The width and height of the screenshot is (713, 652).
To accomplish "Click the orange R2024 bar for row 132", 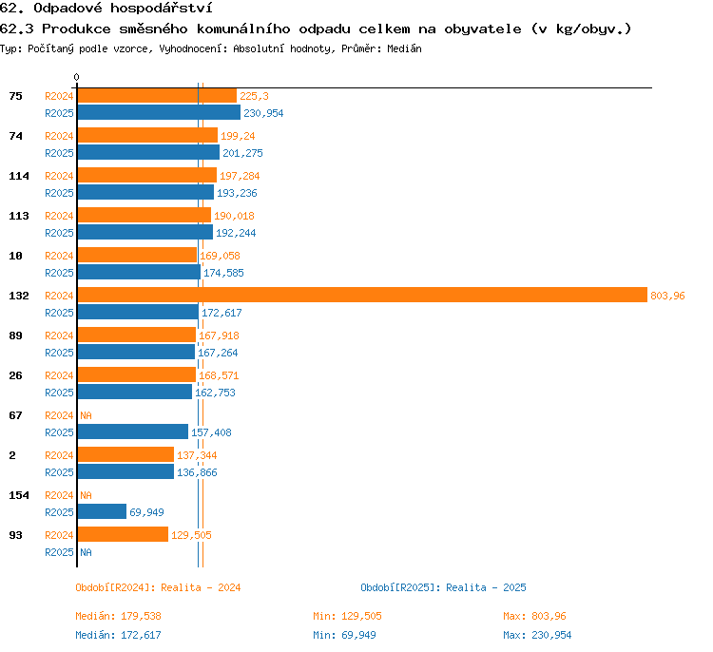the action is [362, 295].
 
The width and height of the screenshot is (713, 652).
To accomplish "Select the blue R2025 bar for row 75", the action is [159, 112].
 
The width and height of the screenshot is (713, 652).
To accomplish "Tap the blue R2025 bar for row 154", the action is [102, 511].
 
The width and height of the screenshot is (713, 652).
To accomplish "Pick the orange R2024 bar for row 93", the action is [123, 534].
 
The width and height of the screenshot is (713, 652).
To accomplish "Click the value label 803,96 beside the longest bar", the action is [667, 296].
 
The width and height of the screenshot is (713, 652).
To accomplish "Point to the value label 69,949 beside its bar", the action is [146, 512].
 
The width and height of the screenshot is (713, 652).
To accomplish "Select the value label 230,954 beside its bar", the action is [263, 113].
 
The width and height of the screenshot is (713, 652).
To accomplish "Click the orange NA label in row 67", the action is [86, 415].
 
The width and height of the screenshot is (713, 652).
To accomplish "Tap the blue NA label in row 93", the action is [86, 552].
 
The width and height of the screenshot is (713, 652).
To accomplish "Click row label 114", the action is [19, 176].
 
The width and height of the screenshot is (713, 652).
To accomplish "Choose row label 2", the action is [12, 455].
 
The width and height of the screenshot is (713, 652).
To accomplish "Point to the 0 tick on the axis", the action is [76, 77].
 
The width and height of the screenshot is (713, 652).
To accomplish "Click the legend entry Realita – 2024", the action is [201, 587].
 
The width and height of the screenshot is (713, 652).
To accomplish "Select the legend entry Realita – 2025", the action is [486, 587].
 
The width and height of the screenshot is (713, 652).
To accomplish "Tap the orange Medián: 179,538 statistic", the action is [118, 616].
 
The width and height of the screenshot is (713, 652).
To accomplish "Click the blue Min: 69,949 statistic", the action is [344, 635].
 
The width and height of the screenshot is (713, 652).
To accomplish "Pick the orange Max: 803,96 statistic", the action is [534, 616].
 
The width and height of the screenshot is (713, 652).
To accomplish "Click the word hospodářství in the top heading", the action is [161, 8].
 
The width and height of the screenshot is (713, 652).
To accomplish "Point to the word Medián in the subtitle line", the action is [404, 48].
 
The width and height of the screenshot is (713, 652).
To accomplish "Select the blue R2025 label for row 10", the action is [59, 273].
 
